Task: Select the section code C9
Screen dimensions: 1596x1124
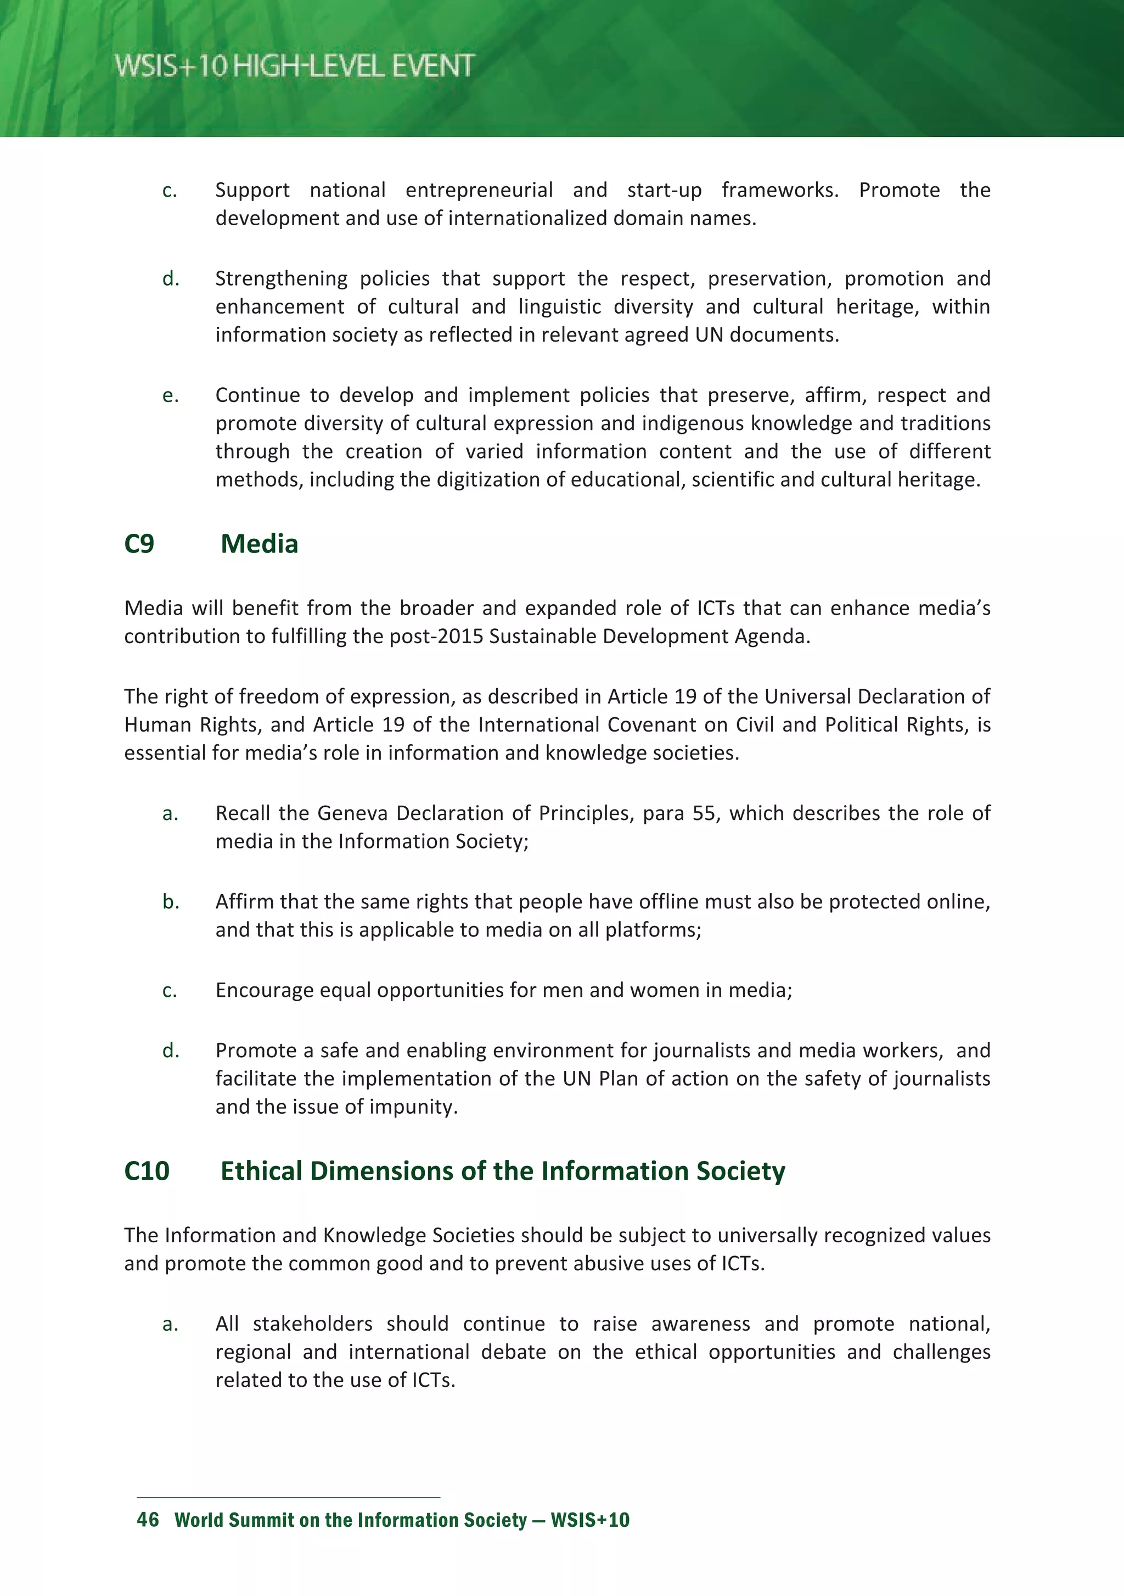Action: tap(139, 544)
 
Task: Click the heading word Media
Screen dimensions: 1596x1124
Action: tap(259, 544)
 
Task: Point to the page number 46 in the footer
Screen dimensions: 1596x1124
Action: tap(148, 1520)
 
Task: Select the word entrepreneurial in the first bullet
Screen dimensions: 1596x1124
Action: tap(479, 191)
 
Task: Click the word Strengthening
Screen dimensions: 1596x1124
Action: tap(282, 280)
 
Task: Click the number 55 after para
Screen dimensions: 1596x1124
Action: tap(704, 813)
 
